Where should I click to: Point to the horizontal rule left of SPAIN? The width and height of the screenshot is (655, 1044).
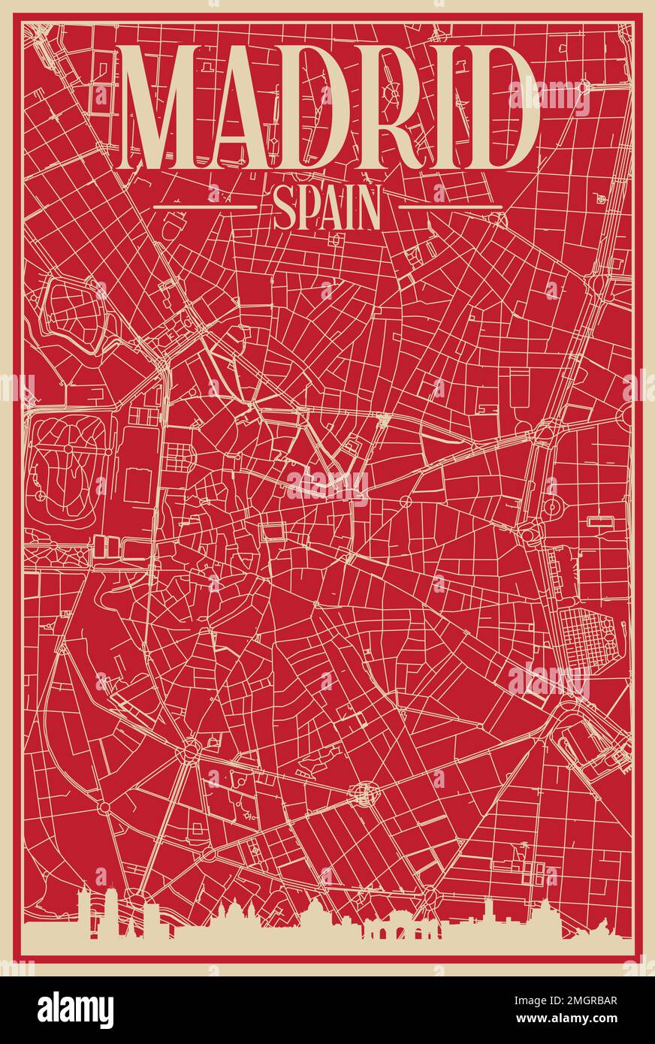click(x=204, y=206)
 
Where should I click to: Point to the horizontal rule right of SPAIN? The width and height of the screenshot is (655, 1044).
click(x=449, y=206)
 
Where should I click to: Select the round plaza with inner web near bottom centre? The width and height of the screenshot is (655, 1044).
click(x=364, y=792)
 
